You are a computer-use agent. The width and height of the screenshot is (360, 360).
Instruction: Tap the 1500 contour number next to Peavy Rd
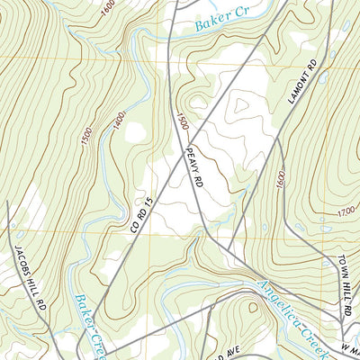click(183, 121)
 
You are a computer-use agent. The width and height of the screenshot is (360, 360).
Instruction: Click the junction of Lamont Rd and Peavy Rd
click(229, 251)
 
